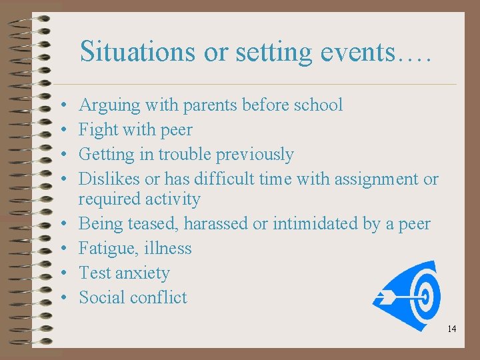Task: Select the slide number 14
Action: click(x=451, y=329)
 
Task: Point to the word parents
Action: click(x=207, y=105)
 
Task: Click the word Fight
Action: click(x=97, y=130)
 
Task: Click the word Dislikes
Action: click(x=109, y=179)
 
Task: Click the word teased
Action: click(x=155, y=224)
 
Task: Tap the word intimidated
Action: click(x=313, y=224)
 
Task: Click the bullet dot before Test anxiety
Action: click(x=61, y=273)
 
